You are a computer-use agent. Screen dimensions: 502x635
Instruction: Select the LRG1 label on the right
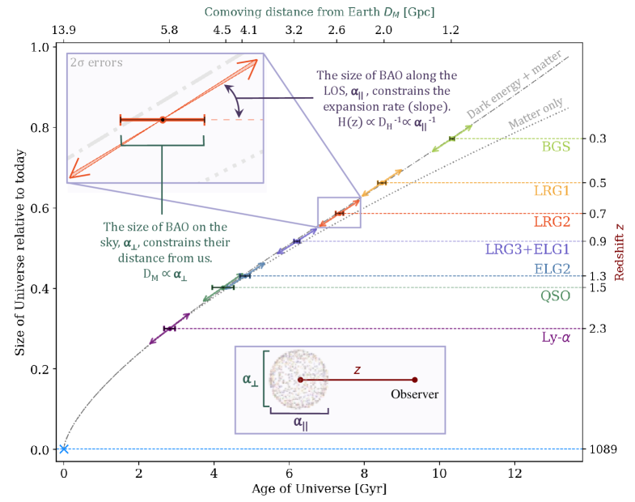(x=552, y=192)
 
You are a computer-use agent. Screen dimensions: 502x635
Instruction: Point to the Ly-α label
(x=555, y=337)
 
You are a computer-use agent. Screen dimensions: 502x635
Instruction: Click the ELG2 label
(x=552, y=269)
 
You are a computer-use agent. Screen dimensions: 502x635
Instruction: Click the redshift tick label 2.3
(x=599, y=329)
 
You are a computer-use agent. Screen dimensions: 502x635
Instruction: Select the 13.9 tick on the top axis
(x=64, y=29)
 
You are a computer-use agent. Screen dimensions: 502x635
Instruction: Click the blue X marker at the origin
(x=64, y=449)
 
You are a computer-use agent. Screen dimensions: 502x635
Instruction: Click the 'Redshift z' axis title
(x=621, y=243)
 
